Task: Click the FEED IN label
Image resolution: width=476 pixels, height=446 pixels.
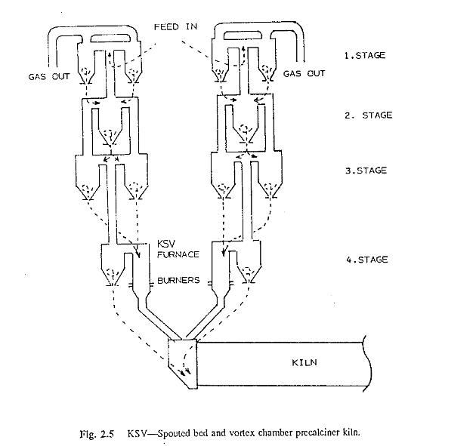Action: click(175, 27)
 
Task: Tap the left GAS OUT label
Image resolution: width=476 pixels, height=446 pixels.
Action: click(49, 77)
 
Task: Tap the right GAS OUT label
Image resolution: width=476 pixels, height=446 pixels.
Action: click(304, 74)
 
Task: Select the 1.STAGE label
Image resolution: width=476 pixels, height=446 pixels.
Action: click(365, 56)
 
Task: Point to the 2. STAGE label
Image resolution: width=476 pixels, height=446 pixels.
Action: click(368, 115)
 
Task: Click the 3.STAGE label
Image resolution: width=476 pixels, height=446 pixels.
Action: click(366, 171)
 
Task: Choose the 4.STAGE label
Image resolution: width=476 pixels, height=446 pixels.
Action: click(367, 260)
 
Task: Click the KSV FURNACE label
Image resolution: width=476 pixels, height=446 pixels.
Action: click(178, 249)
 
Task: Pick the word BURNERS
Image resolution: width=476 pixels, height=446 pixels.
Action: click(178, 280)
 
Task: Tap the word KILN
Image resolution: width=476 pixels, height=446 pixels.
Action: click(304, 363)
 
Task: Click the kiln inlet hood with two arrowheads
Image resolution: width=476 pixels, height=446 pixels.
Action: click(183, 364)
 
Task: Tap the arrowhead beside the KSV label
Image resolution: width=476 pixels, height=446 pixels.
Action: click(138, 254)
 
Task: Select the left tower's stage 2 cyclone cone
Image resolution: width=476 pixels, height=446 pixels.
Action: click(110, 137)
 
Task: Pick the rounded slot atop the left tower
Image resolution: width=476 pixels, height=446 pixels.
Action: click(110, 38)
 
